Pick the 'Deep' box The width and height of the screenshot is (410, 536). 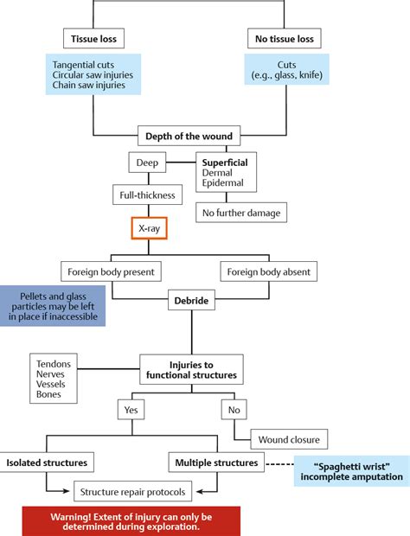147,163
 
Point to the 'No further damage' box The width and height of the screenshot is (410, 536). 240,213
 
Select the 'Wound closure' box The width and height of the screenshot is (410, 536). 288,437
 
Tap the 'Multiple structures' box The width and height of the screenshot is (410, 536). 215,463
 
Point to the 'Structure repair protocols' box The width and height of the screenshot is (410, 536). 132,491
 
